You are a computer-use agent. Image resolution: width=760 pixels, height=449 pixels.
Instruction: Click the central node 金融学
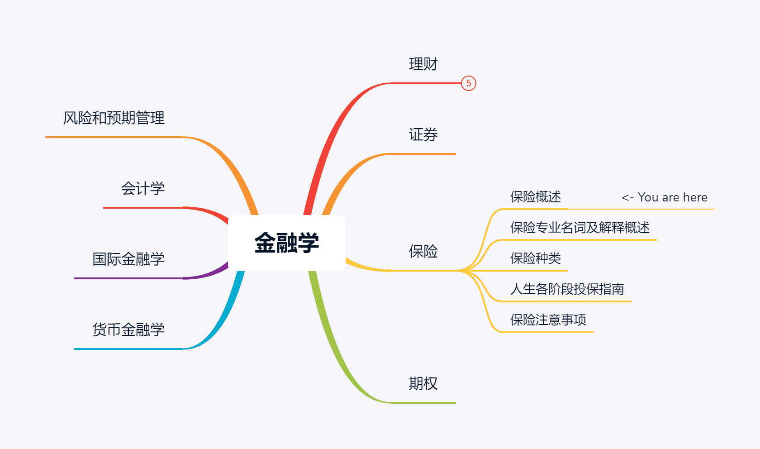point(287,243)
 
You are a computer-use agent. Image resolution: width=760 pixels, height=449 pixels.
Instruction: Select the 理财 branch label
point(423,64)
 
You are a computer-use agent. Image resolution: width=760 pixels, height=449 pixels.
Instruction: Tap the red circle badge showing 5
point(469,83)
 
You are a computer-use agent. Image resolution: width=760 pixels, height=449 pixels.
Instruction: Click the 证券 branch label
point(423,135)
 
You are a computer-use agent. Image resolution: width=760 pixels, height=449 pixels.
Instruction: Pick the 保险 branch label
point(423,251)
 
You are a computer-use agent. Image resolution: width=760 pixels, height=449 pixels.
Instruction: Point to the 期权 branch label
point(423,383)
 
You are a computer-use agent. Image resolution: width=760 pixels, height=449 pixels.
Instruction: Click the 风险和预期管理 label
point(114,118)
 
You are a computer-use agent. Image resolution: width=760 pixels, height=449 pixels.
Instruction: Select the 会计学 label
point(142,189)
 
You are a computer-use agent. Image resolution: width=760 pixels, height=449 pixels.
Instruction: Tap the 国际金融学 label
point(128,259)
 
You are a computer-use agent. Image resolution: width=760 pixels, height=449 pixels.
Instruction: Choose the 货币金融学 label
point(128,330)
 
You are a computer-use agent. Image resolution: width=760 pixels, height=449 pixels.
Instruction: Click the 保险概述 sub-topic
point(536,197)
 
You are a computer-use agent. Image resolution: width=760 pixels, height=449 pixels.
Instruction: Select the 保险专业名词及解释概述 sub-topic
point(579,228)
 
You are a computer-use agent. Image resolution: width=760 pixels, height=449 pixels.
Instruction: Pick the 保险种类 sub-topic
point(536,258)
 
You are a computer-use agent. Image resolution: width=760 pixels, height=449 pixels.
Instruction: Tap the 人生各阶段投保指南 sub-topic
point(567,289)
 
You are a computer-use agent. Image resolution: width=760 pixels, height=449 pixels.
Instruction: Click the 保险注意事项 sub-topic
point(548,320)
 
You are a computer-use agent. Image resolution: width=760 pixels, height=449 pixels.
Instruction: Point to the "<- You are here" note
point(664,197)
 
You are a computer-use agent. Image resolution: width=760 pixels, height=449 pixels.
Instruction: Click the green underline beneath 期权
point(423,402)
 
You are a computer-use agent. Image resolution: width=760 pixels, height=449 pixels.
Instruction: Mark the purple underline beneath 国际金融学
point(128,278)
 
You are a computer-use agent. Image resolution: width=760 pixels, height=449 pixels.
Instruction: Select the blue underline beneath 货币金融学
point(128,349)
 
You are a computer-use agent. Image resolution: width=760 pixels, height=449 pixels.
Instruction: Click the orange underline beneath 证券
point(423,154)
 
